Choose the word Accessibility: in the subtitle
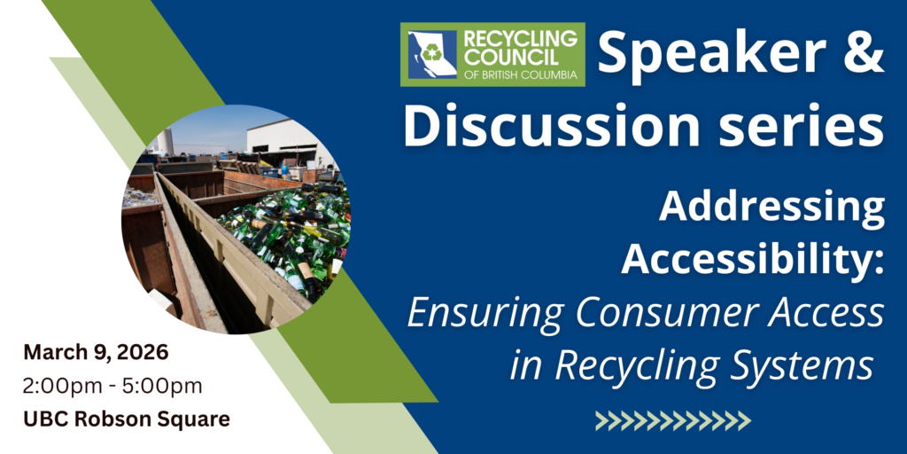[753, 258]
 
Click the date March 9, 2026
[96, 351]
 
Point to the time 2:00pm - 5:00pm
[112, 386]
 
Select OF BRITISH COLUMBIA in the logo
[520, 74]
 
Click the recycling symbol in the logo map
[431, 54]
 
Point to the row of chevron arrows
[673, 420]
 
